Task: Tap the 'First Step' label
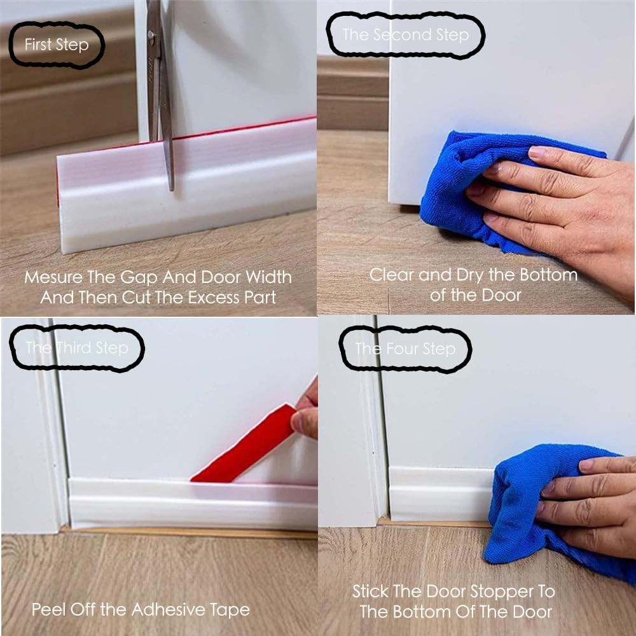click(57, 45)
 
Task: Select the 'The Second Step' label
click(405, 34)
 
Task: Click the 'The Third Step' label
click(77, 348)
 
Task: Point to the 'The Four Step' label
click(405, 349)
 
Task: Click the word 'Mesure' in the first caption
click(53, 278)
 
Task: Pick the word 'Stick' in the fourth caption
click(370, 591)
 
